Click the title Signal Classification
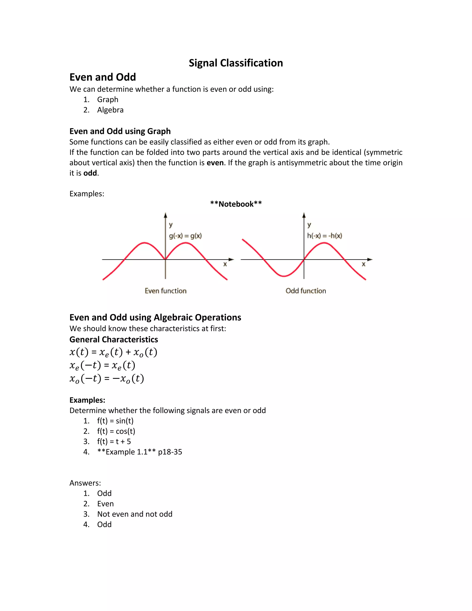[236, 63]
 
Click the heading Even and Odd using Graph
[120, 131]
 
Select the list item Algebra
[110, 110]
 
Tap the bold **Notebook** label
[236, 204]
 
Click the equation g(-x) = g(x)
[185, 236]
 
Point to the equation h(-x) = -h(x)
[324, 236]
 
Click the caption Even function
[165, 291]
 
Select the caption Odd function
[306, 291]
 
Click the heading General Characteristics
[114, 339]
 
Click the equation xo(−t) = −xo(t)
[106, 379]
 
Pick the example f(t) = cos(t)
[116, 431]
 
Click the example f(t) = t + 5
[114, 442]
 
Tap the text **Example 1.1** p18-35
[139, 452]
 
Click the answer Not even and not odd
[135, 514]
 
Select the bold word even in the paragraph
[215, 163]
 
